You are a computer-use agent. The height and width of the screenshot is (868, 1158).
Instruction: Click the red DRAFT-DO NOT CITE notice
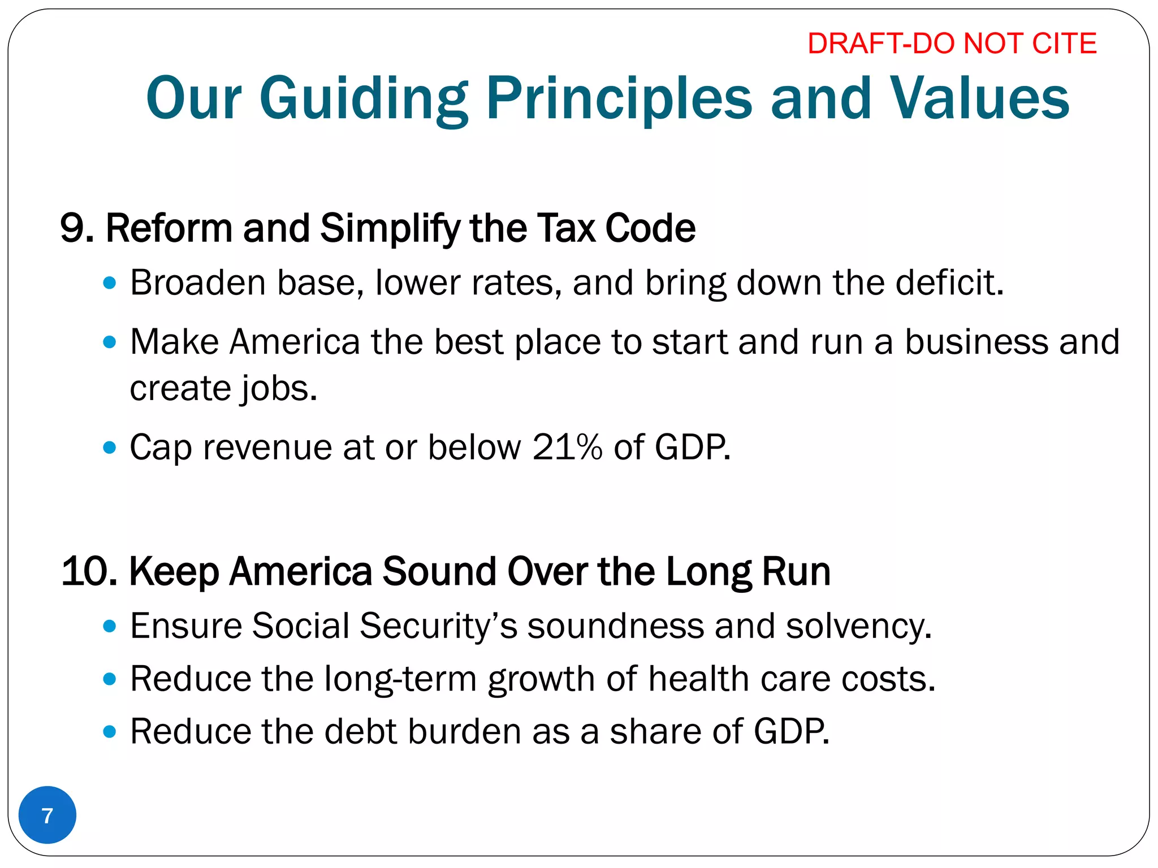[x=952, y=44]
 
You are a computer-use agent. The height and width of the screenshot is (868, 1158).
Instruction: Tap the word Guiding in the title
[x=364, y=99]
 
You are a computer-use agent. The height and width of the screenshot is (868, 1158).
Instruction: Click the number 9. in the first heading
[x=76, y=228]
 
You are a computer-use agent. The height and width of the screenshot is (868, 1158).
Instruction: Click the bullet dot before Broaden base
[x=110, y=283]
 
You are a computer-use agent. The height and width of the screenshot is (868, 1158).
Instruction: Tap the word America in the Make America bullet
[x=295, y=342]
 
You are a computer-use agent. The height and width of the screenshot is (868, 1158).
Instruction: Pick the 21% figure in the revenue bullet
[x=567, y=448]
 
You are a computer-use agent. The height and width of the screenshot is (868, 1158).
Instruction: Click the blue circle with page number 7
[x=47, y=815]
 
